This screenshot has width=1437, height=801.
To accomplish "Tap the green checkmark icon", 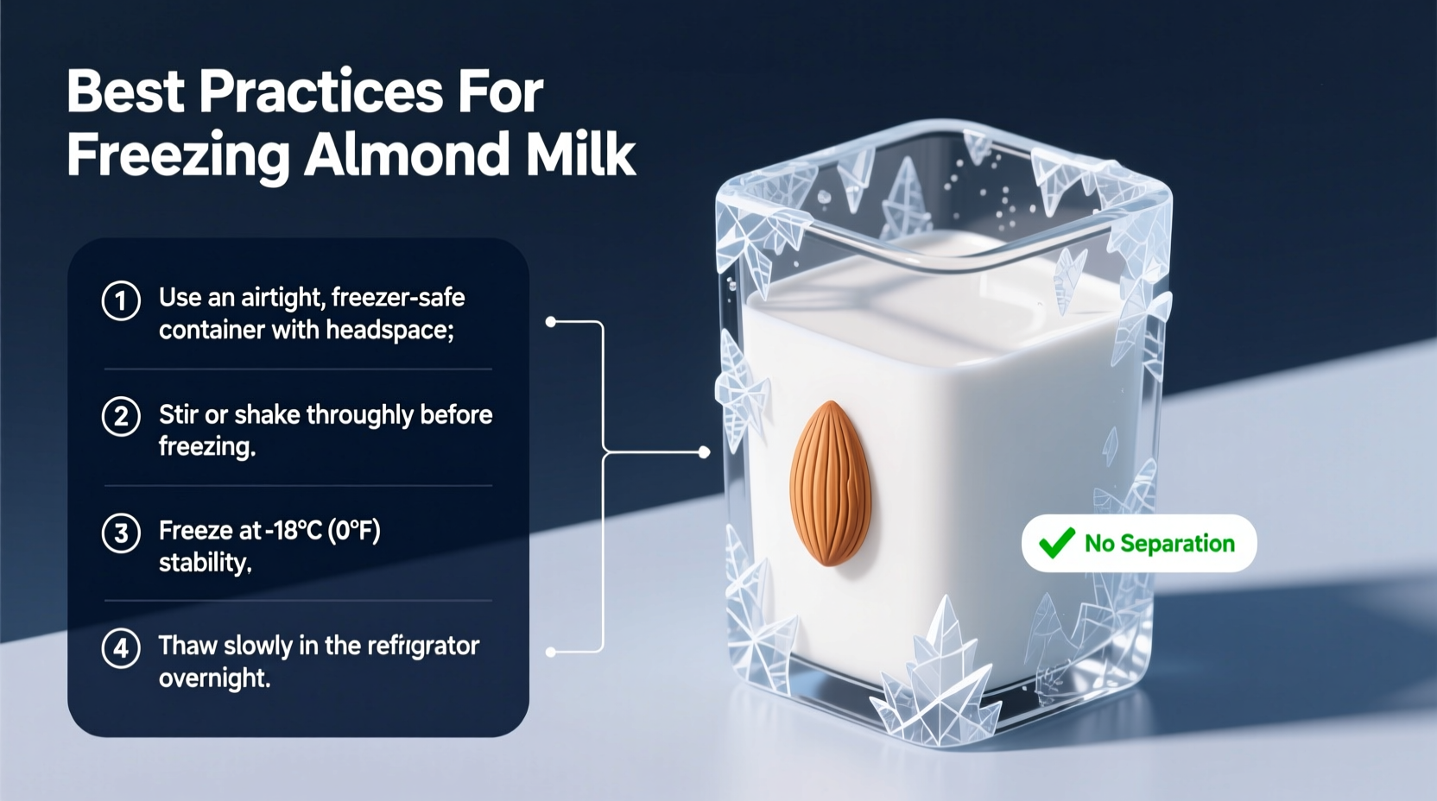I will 1056,543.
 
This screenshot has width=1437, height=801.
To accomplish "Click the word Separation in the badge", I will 1178,544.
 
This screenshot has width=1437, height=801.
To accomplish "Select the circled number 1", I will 121,301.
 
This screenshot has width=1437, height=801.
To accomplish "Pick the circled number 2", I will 121,417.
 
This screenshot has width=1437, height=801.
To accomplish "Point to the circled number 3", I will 121,533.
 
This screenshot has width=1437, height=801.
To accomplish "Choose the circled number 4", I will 121,648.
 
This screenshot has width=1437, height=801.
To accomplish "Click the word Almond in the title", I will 406,155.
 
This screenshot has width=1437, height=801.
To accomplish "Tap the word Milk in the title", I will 580,155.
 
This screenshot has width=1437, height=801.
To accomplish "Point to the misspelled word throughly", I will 360,415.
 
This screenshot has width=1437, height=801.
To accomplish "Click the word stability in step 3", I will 205,563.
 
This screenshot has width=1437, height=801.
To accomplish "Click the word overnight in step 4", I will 214,678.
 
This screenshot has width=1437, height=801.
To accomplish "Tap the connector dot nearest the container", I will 704,452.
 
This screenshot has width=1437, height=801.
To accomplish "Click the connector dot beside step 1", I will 551,322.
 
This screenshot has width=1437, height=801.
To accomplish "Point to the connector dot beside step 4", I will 551,652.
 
